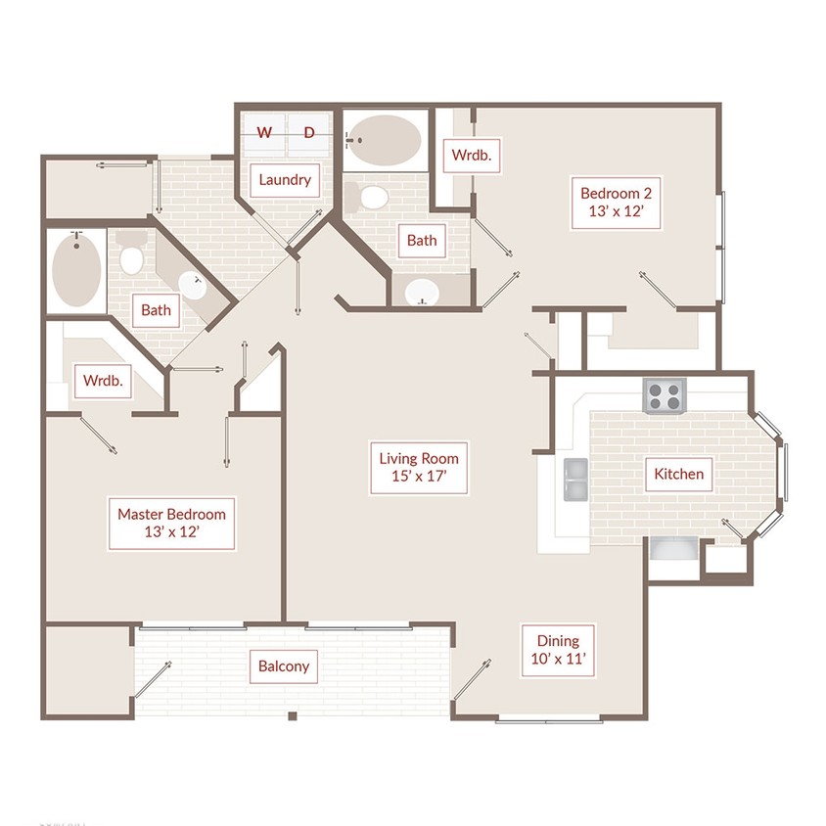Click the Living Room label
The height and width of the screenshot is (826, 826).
point(419,467)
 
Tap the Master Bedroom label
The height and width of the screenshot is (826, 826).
point(171,523)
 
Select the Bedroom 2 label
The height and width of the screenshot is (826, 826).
point(616,203)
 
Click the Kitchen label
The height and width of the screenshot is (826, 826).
point(678,474)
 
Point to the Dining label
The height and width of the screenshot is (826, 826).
point(558,650)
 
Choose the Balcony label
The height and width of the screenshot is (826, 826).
point(284,666)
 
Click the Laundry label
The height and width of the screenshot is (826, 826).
point(285,180)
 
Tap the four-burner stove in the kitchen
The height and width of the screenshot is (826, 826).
point(665,396)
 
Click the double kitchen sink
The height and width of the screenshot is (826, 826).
point(575,480)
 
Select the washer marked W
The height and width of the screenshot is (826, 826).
point(264,132)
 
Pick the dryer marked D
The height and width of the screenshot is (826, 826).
point(308,132)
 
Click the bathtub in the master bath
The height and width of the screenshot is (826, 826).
point(76,270)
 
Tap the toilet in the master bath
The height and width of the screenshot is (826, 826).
point(131,252)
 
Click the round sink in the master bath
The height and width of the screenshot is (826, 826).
point(192,286)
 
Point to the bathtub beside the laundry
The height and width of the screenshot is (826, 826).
point(385,140)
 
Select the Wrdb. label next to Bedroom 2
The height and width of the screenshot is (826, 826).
point(472,156)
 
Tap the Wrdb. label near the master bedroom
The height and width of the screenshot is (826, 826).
point(103,381)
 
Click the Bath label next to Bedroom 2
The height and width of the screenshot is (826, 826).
point(422,241)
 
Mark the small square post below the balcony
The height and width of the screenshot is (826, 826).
point(293,716)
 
